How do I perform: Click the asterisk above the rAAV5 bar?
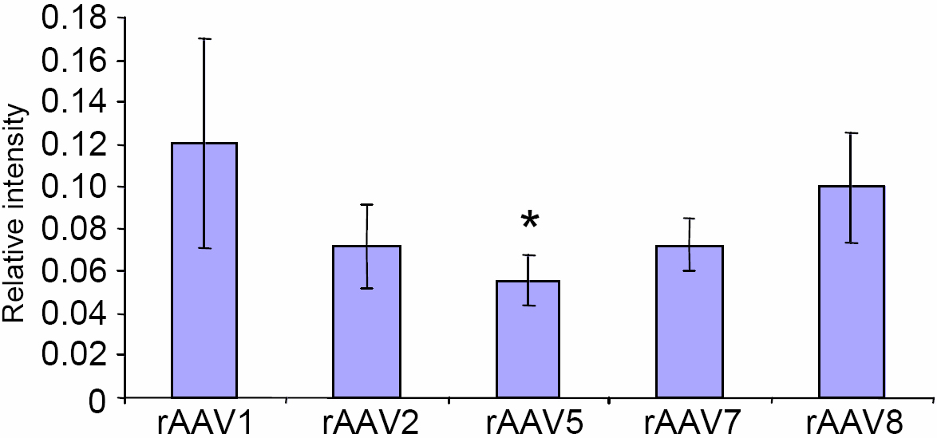click(x=529, y=220)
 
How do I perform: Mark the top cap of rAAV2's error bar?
click(x=367, y=204)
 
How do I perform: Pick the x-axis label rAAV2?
click(x=367, y=421)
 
